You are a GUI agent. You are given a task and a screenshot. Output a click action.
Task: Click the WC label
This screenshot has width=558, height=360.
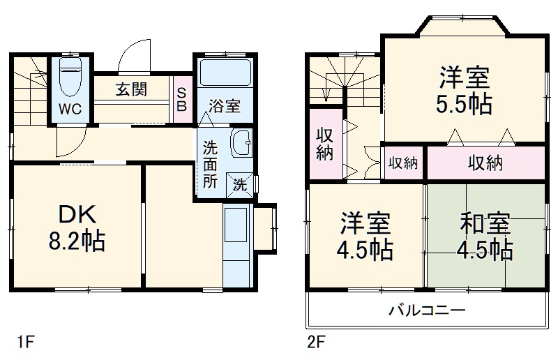[x=69, y=109]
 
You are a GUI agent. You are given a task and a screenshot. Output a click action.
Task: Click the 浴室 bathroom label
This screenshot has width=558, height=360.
[x=225, y=106]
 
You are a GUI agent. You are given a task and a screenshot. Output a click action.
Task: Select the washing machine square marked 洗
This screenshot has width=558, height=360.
[x=239, y=185]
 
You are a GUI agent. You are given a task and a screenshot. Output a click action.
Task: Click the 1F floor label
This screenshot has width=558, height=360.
[x=25, y=343]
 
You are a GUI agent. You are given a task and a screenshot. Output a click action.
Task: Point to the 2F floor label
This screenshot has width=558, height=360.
[x=318, y=343]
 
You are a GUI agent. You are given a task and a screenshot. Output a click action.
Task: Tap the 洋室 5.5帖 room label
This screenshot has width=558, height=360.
[x=465, y=90]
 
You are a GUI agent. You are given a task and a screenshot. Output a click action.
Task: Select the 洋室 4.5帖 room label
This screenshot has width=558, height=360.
[x=365, y=236]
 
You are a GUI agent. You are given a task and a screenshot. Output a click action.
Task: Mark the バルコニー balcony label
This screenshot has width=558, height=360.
[x=427, y=310]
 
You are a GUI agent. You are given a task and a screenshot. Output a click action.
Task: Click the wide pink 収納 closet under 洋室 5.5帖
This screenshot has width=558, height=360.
[x=485, y=163]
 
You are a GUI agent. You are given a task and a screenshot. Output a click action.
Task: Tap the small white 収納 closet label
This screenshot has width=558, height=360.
[x=403, y=163]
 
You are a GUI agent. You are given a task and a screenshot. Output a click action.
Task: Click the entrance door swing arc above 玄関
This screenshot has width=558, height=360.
[x=134, y=56]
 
